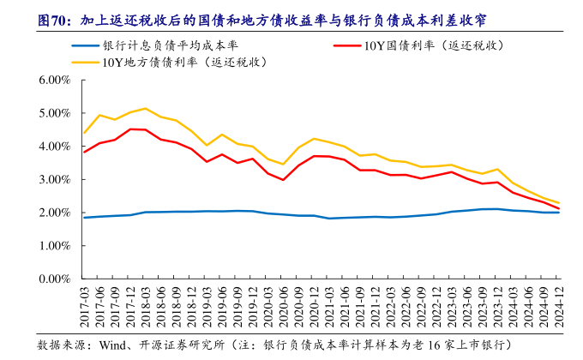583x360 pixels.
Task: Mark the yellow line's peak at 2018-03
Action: point(145,108)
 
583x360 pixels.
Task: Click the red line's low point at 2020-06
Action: point(283,180)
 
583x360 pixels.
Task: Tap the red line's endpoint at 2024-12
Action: point(559,208)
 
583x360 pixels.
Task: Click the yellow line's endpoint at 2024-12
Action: point(559,203)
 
